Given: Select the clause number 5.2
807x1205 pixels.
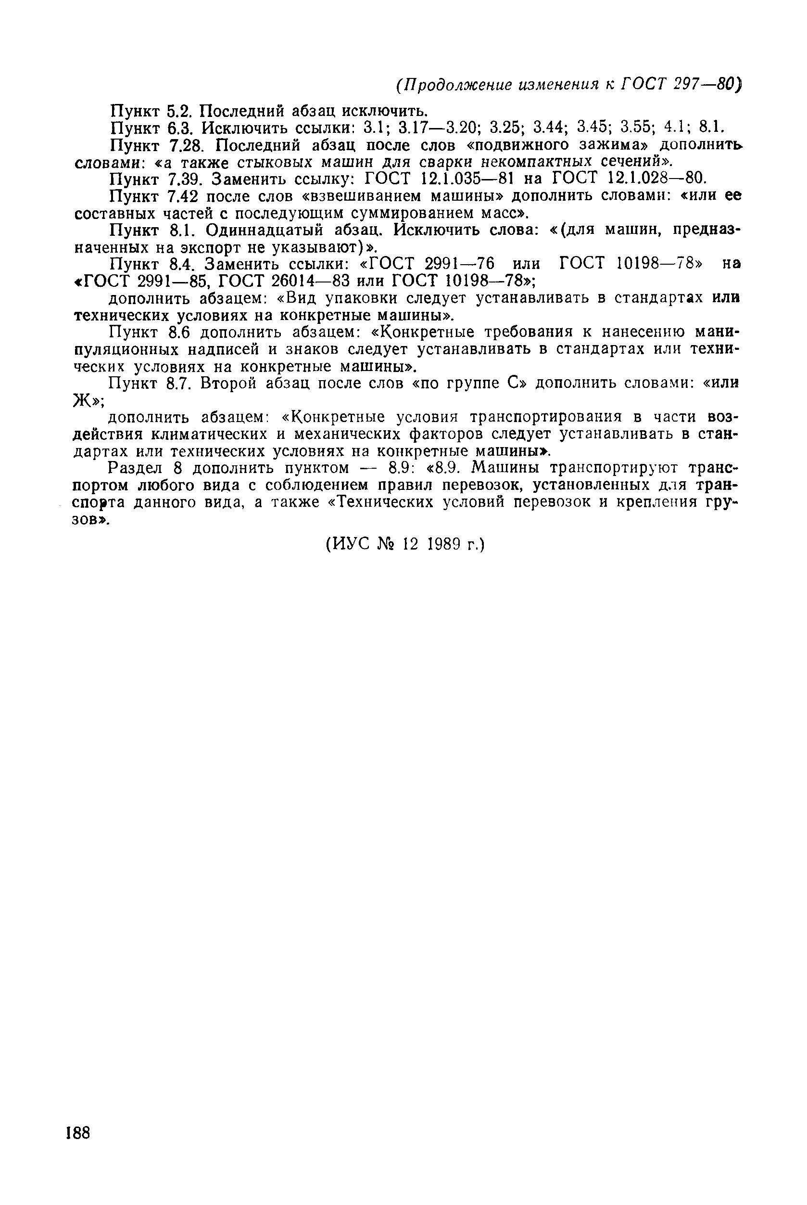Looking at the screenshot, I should pyautogui.click(x=179, y=111).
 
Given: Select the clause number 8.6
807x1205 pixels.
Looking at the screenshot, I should pyautogui.click(x=179, y=332).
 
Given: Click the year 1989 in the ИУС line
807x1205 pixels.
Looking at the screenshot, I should pyautogui.click(x=443, y=544).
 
